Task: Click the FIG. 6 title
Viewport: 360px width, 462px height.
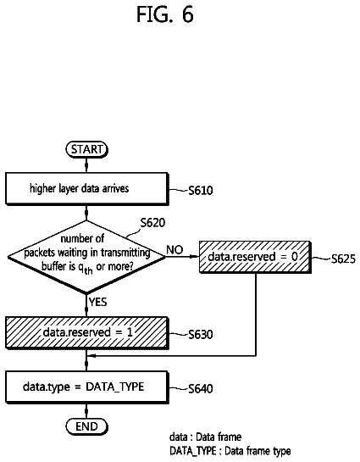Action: tap(165, 14)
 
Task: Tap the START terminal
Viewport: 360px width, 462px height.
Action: tap(86, 149)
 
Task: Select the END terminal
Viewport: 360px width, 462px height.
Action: tap(86, 426)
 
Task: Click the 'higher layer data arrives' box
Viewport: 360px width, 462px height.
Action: tap(87, 188)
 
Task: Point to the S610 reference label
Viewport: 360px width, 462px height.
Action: tap(201, 191)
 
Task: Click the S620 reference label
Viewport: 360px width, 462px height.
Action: tap(152, 223)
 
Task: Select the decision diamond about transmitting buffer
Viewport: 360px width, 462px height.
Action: tap(86, 257)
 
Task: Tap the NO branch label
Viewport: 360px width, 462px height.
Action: tap(174, 250)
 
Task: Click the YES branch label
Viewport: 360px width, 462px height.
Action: tap(98, 302)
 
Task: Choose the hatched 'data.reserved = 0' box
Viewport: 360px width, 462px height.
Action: tap(255, 257)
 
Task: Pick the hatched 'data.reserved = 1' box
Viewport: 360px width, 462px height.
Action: tap(87, 333)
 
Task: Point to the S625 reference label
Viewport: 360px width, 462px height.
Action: tap(343, 259)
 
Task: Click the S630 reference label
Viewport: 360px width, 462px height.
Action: tap(201, 335)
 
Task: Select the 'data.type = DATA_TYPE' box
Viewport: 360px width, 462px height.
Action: tap(87, 387)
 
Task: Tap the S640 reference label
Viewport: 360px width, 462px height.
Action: tap(201, 389)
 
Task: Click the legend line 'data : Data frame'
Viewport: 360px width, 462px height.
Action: tap(206, 437)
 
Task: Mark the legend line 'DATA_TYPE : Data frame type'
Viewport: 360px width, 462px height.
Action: tap(230, 451)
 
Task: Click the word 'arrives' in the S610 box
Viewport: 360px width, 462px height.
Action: tap(116, 188)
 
